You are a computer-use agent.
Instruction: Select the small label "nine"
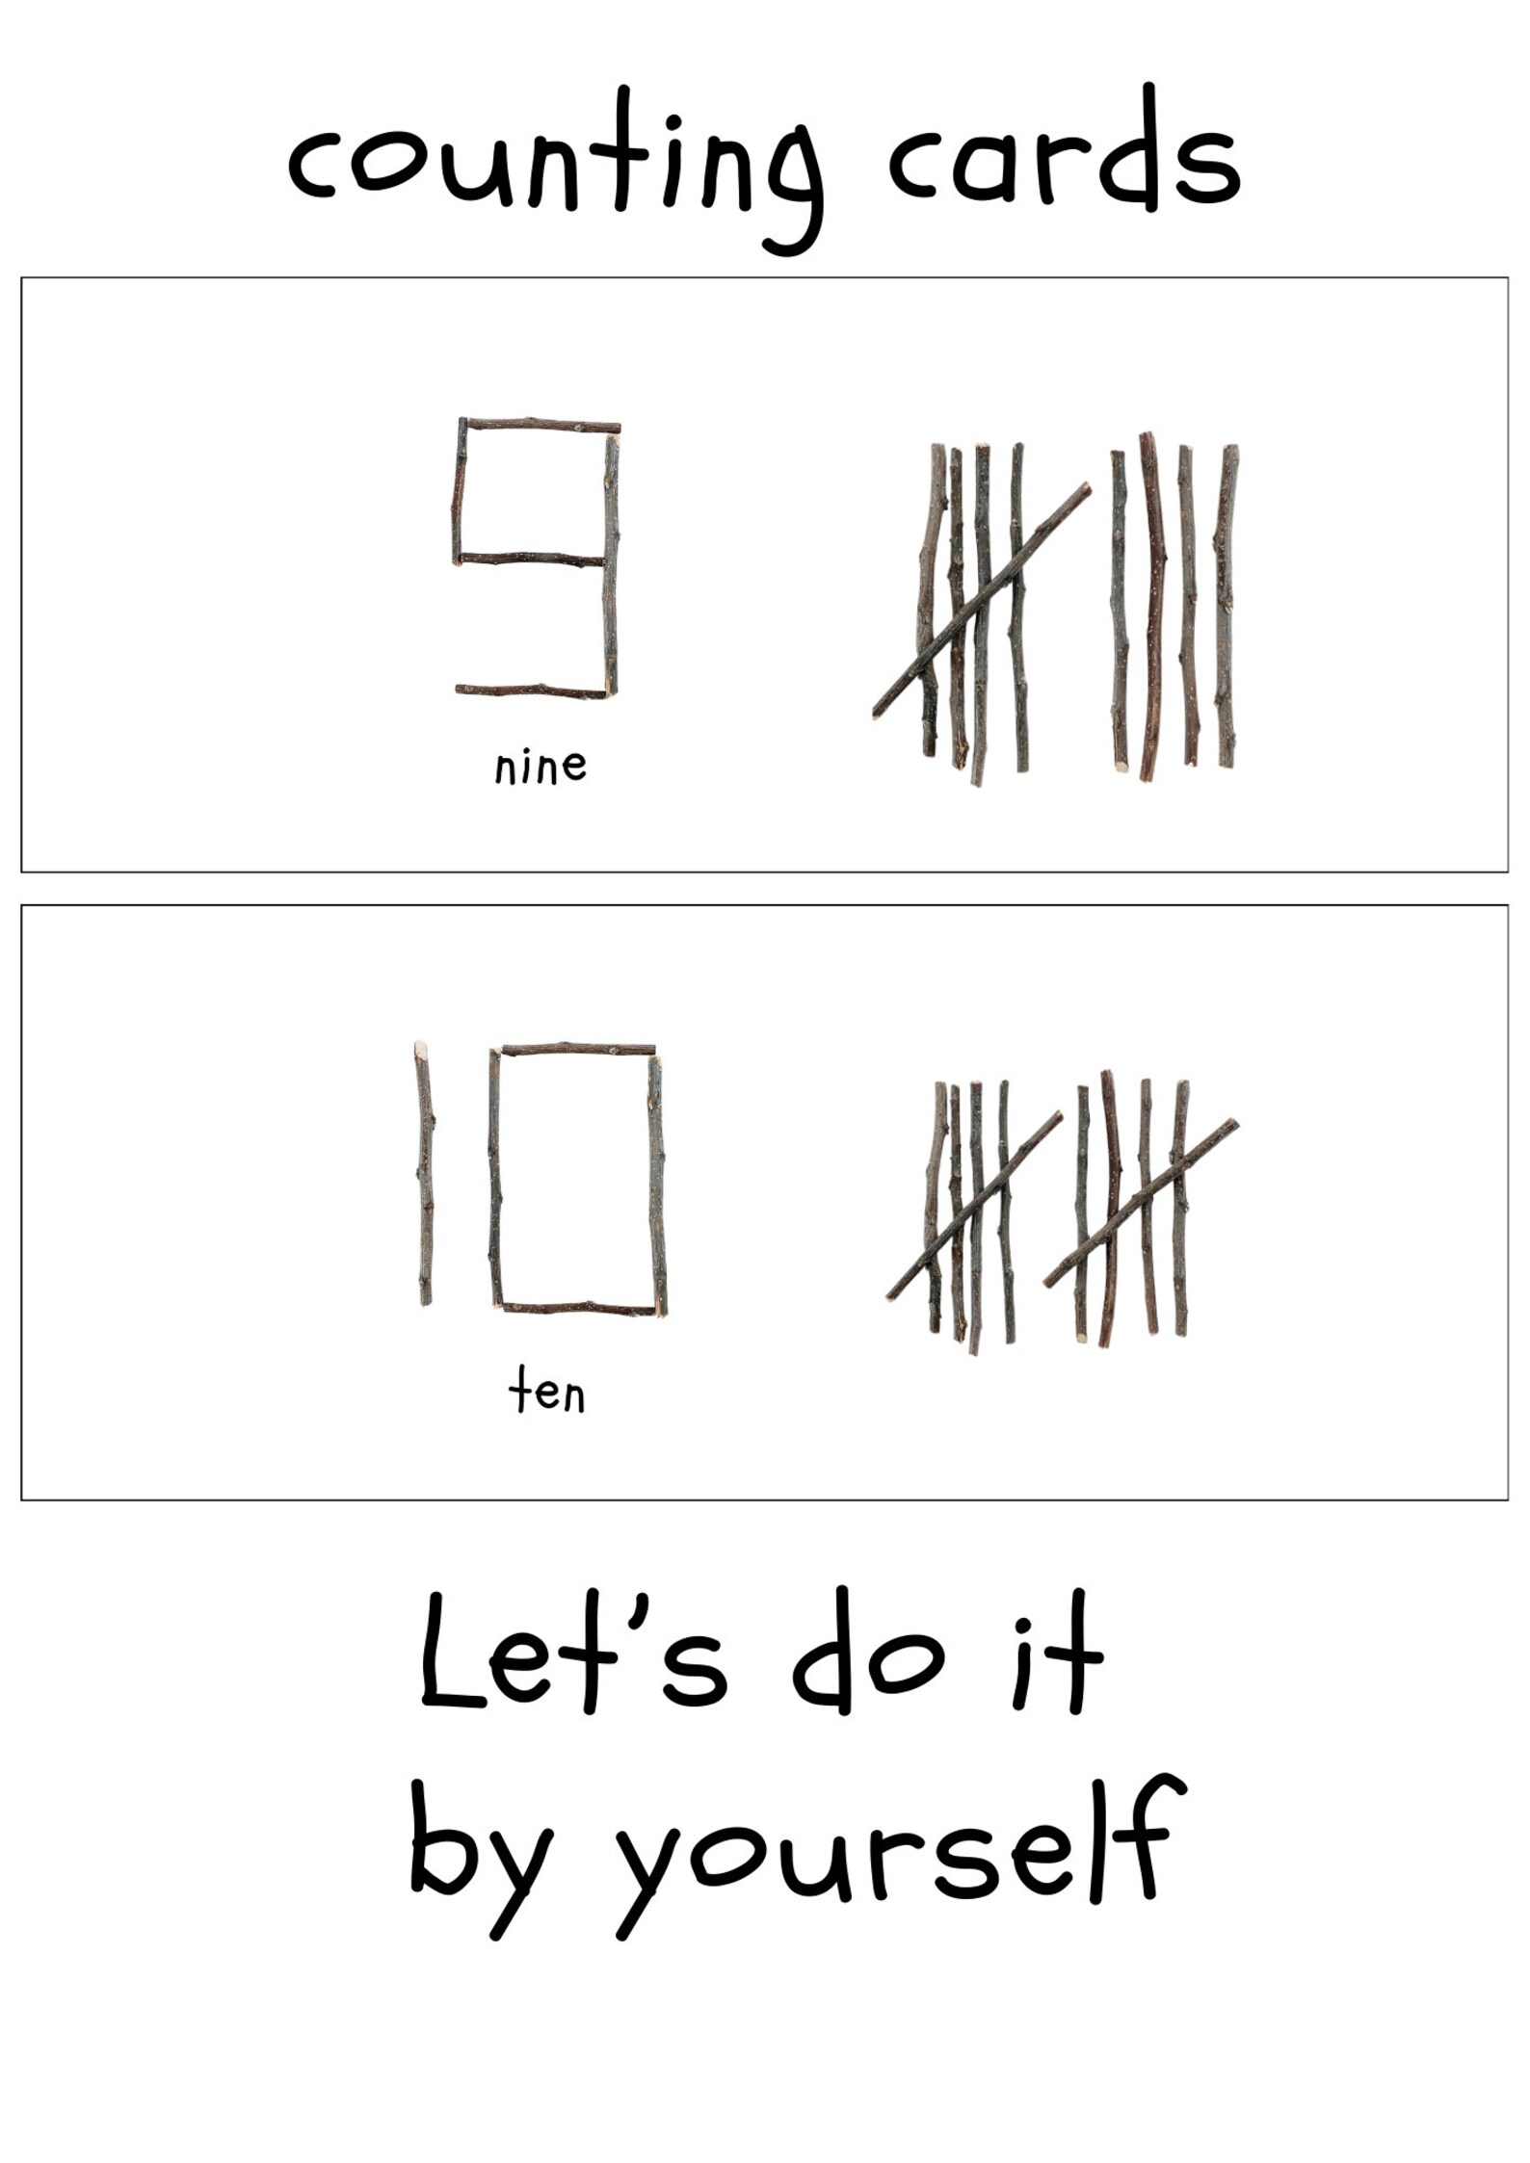pyautogui.click(x=540, y=768)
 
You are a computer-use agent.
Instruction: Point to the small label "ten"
pyautogui.click(x=546, y=1394)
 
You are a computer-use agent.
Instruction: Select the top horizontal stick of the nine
pyautogui.click(x=540, y=425)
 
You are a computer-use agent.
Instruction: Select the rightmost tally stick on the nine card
pyautogui.click(x=1226, y=607)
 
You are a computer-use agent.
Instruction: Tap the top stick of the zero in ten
pyautogui.click(x=578, y=1048)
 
